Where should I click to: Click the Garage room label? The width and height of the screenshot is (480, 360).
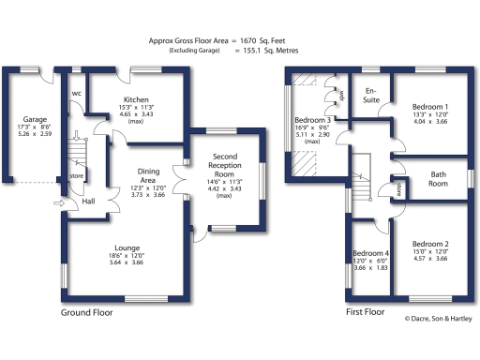tap(36, 119)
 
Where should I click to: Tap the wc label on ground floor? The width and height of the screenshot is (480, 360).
tap(77, 94)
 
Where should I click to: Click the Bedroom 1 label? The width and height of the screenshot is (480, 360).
tap(430, 107)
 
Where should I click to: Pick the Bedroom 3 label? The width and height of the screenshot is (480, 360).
tap(312, 121)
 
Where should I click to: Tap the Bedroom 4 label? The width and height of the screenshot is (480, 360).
tap(369, 254)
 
